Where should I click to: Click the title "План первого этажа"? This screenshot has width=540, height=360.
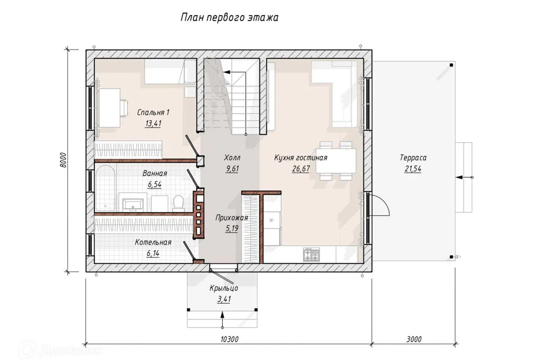(229, 17)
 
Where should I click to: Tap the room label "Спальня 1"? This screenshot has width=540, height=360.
(153, 112)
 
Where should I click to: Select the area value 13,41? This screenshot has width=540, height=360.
(153, 123)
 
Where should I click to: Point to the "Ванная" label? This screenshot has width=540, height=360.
(155, 174)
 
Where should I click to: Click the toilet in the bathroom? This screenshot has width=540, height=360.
(178, 203)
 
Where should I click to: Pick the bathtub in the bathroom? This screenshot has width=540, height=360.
(105, 188)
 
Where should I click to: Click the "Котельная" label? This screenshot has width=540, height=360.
(153, 242)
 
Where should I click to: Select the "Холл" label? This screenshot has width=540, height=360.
(232, 157)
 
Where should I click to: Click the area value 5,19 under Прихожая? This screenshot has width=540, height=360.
(232, 228)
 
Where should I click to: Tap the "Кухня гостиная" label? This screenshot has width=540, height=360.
(300, 157)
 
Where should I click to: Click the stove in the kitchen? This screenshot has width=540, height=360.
(311, 255)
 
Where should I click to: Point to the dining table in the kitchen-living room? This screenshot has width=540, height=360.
(336, 160)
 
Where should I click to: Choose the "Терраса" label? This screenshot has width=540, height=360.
(413, 157)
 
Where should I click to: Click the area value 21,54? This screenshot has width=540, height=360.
(413, 169)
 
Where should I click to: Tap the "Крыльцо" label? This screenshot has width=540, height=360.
(224, 289)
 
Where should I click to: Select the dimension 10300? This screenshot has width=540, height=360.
(229, 339)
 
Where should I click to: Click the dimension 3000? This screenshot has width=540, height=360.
(413, 339)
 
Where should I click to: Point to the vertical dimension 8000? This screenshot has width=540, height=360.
(62, 160)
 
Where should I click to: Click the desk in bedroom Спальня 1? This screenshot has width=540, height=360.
(110, 107)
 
